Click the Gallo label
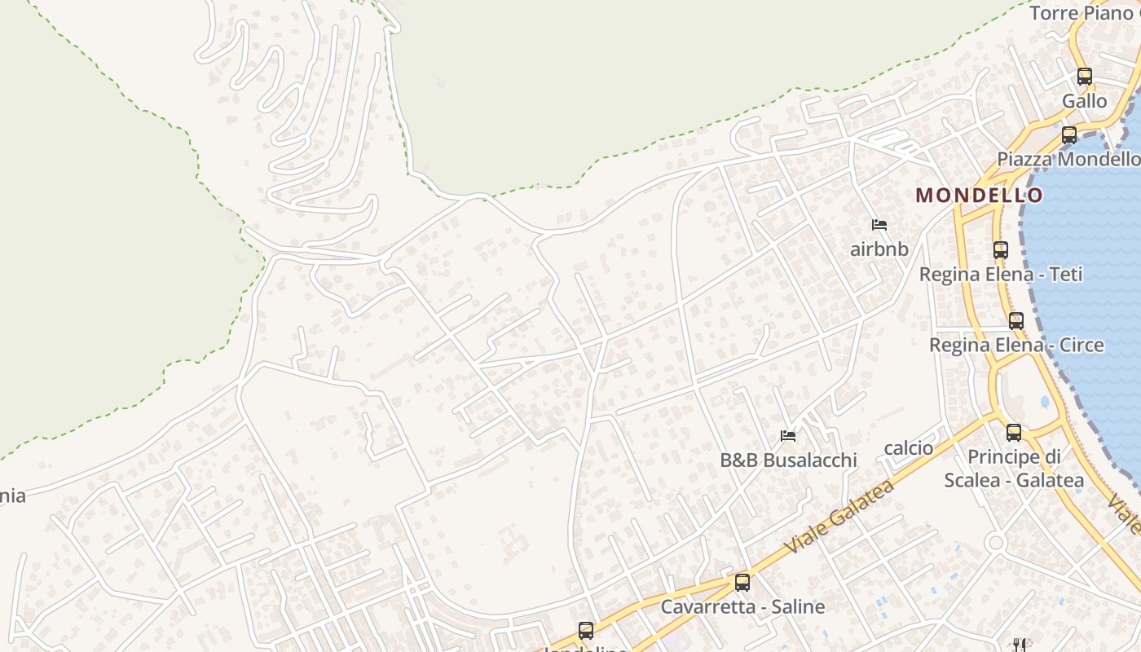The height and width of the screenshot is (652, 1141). [x=1084, y=101]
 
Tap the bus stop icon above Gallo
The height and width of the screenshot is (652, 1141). [x=1084, y=77]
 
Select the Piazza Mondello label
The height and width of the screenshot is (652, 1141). [x=1068, y=159]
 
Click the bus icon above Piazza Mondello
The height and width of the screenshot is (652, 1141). [x=1069, y=135]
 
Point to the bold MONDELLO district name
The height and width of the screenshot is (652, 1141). [x=979, y=195]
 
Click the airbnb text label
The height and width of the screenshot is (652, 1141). [x=879, y=249]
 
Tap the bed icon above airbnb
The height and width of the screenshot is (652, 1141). [x=879, y=225]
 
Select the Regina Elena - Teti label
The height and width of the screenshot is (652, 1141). [x=1001, y=275]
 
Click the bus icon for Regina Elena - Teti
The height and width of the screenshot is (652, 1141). [x=1001, y=250]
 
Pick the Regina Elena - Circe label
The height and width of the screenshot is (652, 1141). [x=1016, y=345]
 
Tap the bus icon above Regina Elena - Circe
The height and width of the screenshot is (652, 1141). [x=1015, y=321]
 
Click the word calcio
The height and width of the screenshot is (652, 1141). [x=909, y=448]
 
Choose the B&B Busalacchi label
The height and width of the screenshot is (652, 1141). [x=788, y=460]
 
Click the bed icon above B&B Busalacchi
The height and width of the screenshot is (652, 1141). [x=788, y=436]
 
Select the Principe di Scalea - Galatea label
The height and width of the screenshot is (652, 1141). [x=1014, y=469]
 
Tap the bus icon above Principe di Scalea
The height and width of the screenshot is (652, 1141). [x=1014, y=433]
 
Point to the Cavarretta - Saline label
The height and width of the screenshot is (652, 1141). [x=742, y=607]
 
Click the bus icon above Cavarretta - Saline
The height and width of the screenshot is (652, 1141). [x=742, y=583]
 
